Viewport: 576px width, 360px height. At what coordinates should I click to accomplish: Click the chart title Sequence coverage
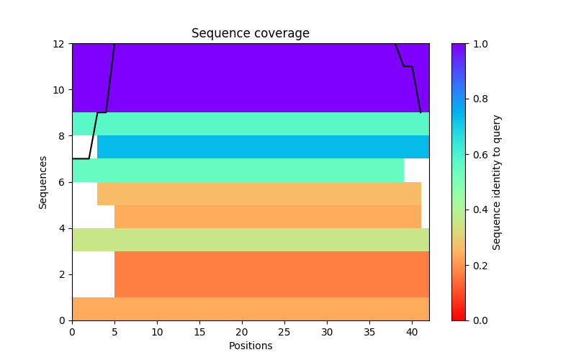[250, 34]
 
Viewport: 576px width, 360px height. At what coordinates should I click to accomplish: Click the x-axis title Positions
[250, 346]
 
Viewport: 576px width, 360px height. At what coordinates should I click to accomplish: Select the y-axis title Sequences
[43, 182]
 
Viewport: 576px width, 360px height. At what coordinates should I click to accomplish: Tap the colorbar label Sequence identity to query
[497, 182]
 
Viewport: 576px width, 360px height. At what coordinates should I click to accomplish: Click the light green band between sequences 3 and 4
[250, 240]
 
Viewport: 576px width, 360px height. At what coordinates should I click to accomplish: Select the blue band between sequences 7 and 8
[263, 147]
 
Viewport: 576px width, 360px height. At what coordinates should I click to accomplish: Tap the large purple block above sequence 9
[250, 78]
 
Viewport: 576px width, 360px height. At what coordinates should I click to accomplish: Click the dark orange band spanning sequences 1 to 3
[271, 274]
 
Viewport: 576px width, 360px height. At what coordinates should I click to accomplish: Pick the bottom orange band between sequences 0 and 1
[250, 309]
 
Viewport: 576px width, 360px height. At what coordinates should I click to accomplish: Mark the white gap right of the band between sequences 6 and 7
[416, 171]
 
